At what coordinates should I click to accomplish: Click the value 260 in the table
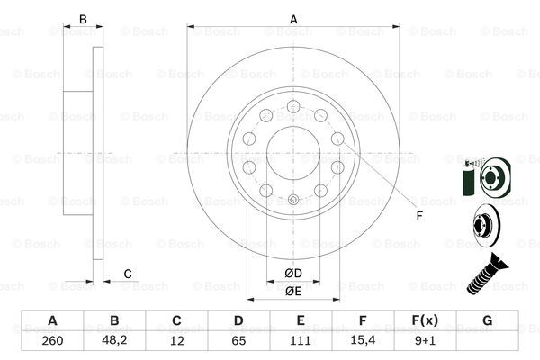(52, 341)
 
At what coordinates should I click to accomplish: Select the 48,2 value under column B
(114, 340)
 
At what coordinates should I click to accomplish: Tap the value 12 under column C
(176, 341)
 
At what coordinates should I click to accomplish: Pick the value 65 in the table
(238, 341)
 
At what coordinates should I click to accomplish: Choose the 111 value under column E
(301, 341)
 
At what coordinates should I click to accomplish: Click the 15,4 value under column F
(363, 340)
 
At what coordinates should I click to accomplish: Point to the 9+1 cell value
(425, 341)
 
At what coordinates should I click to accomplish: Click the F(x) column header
(425, 320)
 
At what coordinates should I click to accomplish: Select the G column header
(487, 320)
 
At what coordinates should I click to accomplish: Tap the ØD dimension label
(293, 274)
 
